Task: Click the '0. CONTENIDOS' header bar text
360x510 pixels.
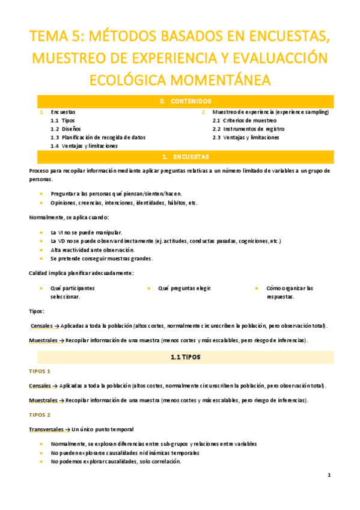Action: pyautogui.click(x=185, y=102)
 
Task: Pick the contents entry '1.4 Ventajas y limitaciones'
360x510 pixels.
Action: pyautogui.click(x=84, y=146)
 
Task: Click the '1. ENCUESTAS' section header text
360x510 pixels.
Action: pyautogui.click(x=185, y=157)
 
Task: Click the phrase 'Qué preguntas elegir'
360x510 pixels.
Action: pyautogui.click(x=185, y=288)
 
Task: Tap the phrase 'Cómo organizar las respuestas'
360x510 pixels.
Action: pyautogui.click(x=289, y=292)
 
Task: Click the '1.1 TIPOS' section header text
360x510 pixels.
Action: pyautogui.click(x=185, y=357)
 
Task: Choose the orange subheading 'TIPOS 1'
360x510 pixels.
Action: pyautogui.click(x=40, y=371)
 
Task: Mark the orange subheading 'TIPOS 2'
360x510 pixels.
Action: pyautogui.click(x=40, y=415)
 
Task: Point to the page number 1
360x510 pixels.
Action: pyautogui.click(x=329, y=475)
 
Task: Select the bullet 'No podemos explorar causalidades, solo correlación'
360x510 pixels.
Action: pyautogui.click(x=116, y=461)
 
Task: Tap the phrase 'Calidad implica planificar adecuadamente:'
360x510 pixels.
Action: pyautogui.click(x=81, y=273)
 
